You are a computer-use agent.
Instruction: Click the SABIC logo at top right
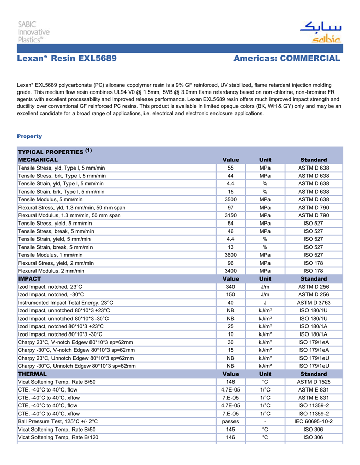(x=320, y=32)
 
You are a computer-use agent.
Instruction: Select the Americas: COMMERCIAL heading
(x=286, y=59)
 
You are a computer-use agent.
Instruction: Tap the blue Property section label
(x=29, y=136)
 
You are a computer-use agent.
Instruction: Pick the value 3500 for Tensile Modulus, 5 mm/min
(x=230, y=199)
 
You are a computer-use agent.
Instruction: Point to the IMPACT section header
(x=29, y=278)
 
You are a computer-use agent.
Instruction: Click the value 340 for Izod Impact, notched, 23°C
(x=230, y=287)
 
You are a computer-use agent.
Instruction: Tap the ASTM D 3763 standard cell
(x=313, y=303)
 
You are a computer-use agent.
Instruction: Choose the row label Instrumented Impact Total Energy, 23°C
(x=65, y=303)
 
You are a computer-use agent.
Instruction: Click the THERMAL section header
(x=32, y=374)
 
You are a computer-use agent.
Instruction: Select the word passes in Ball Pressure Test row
(x=230, y=421)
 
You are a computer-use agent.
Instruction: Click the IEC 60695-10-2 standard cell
(x=313, y=421)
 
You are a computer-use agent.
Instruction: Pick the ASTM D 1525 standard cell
(x=313, y=382)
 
